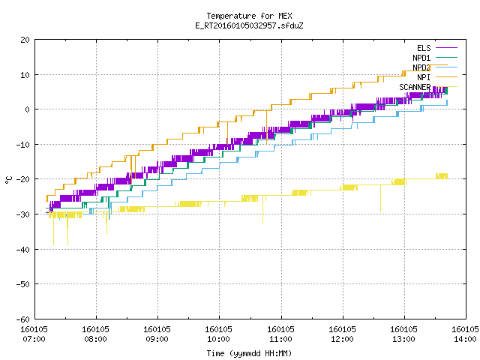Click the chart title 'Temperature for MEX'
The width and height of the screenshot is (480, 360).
(249, 16)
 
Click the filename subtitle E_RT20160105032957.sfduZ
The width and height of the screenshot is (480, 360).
(249, 25)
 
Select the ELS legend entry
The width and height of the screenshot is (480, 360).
(424, 48)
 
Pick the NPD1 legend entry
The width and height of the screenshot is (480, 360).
(421, 58)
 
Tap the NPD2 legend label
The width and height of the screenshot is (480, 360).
(421, 67)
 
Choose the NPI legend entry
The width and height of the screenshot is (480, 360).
(424, 77)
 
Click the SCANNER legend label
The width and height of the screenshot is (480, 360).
(415, 87)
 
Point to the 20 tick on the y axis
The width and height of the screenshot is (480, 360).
(25, 40)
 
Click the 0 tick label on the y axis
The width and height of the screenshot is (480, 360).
(27, 109)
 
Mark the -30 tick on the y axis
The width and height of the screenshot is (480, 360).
(23, 214)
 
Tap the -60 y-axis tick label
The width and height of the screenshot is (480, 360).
(23, 319)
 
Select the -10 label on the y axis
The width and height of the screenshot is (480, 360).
(23, 145)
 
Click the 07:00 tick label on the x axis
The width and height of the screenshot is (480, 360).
(34, 339)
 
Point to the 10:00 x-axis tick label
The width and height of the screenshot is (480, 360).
(218, 339)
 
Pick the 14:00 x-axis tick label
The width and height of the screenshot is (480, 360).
(465, 339)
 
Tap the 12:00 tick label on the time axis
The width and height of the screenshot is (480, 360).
(342, 339)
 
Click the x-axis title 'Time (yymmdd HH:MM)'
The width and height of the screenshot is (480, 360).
(249, 353)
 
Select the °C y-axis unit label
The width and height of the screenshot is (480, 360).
(8, 180)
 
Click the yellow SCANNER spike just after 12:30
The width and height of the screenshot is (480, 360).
(380, 198)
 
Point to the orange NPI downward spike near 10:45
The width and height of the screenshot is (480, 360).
(266, 127)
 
